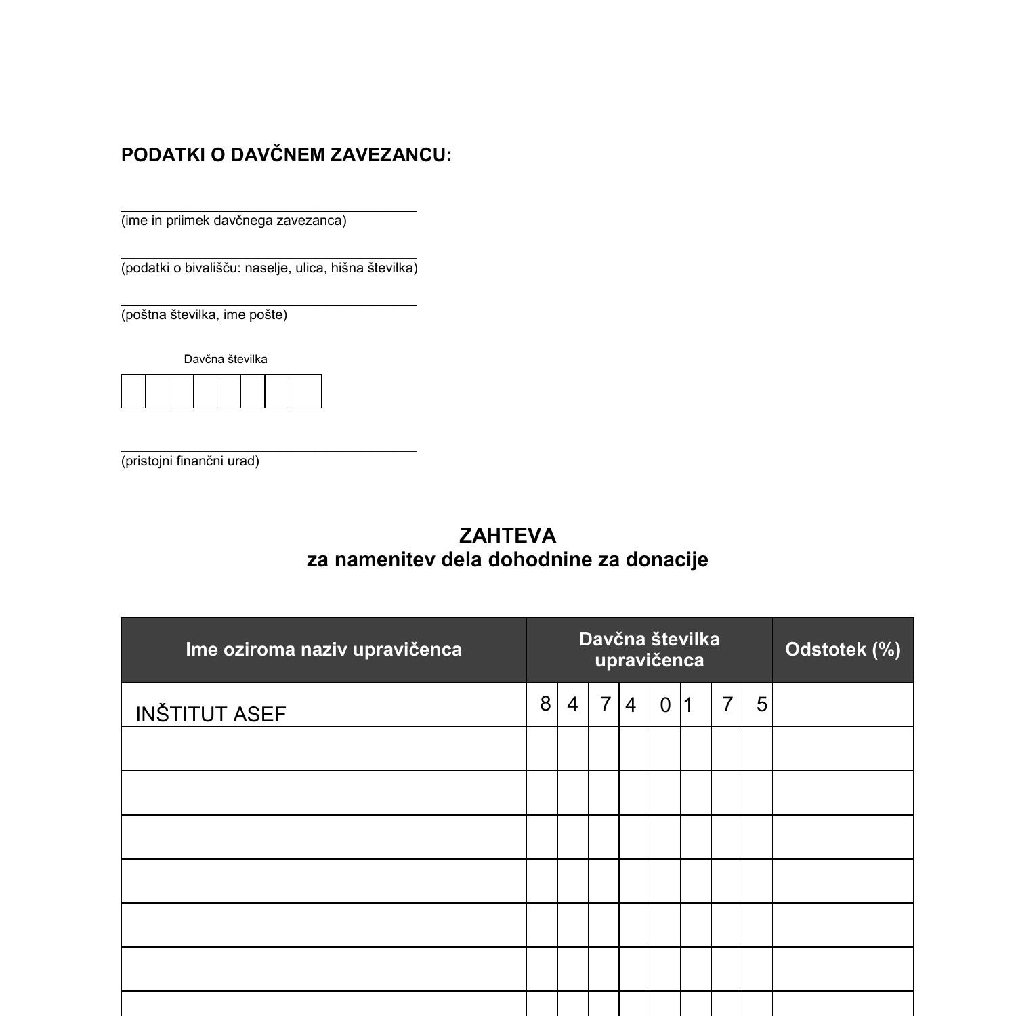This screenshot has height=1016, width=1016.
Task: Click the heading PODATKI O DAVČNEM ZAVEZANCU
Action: [x=286, y=155]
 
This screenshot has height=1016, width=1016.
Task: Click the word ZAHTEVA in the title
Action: [x=507, y=536]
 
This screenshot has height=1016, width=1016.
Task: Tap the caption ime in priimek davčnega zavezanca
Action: [x=234, y=221]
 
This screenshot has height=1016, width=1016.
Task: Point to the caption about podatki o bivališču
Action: [x=269, y=268]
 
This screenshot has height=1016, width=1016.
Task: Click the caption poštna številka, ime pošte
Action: [x=204, y=314]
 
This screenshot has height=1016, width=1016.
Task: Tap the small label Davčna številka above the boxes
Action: [x=226, y=359]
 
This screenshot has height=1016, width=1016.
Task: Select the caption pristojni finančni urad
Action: [x=190, y=461]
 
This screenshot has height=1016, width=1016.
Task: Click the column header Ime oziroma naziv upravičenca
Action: [x=324, y=650]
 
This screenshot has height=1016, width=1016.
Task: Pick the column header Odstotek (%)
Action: [x=843, y=650]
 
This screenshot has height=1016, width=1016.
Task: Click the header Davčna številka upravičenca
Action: [x=649, y=650]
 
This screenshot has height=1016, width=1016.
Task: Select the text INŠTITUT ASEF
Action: [x=211, y=715]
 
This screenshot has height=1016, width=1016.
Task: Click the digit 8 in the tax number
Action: [x=545, y=704]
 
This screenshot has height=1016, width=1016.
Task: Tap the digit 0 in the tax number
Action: [x=665, y=705]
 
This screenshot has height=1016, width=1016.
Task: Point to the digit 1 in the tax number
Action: [x=688, y=705]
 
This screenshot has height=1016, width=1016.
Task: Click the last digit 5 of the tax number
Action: [x=762, y=704]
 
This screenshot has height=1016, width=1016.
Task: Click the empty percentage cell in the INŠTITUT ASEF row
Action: [x=843, y=704]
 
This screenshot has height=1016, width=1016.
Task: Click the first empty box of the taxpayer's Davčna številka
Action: [x=133, y=391]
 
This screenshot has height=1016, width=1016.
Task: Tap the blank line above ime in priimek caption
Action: [x=269, y=207]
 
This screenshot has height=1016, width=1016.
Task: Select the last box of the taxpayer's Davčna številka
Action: [x=305, y=391]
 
